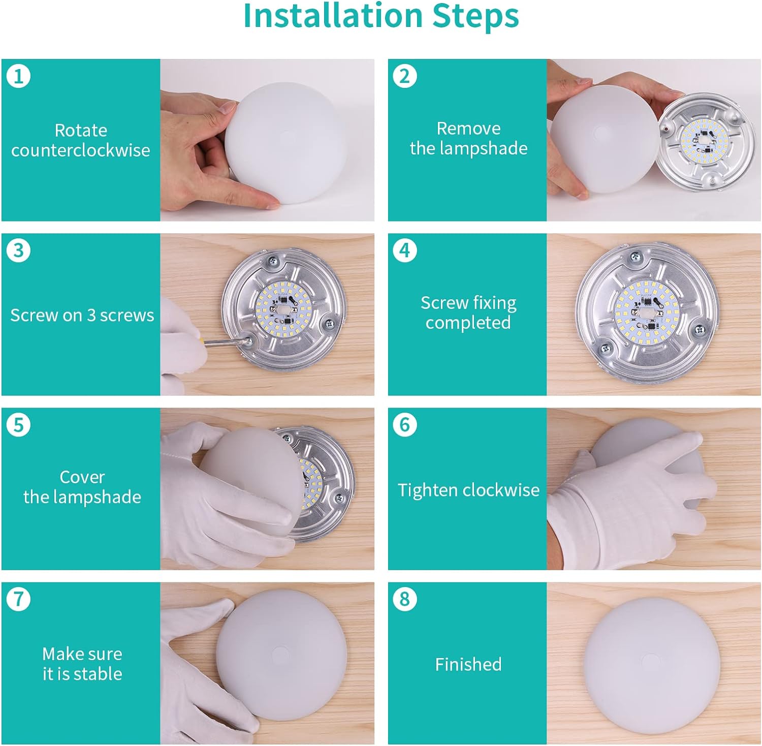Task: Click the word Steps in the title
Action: click(x=475, y=16)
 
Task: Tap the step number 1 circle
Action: click(x=19, y=76)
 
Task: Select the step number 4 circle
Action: click(x=405, y=251)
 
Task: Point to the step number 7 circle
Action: click(x=19, y=599)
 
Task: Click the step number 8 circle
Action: click(x=405, y=599)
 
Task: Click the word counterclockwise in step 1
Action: click(x=81, y=150)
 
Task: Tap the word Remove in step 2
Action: click(x=468, y=129)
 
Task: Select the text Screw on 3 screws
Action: click(x=82, y=316)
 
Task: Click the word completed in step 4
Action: click(x=468, y=323)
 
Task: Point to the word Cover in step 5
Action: click(x=82, y=477)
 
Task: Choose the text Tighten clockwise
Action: click(x=468, y=490)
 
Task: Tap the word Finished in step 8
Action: click(x=468, y=664)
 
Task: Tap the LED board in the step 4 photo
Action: click(x=646, y=313)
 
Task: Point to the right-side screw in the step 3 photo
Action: click(x=329, y=323)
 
